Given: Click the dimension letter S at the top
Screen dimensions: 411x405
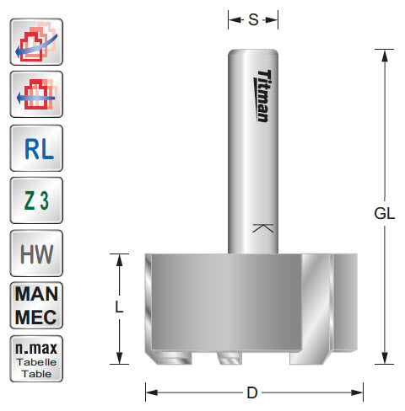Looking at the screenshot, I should (x=252, y=19).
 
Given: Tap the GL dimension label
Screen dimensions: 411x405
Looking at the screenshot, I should (x=384, y=213).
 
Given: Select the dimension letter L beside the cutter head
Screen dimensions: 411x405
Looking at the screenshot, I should (x=119, y=308).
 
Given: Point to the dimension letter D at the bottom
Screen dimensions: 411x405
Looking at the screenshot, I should (x=253, y=392).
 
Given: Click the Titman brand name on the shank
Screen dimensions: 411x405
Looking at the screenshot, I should (x=262, y=95).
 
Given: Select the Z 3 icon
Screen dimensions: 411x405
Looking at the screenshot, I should (x=35, y=200).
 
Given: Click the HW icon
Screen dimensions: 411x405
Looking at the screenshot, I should (x=35, y=253).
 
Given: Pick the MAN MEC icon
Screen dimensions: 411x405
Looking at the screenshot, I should (x=35, y=306).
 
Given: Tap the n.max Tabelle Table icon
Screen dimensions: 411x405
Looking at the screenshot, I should (x=35, y=357).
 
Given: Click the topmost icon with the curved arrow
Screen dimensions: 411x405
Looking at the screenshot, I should (x=35, y=43).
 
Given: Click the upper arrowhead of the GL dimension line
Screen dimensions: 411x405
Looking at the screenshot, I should (x=385, y=52).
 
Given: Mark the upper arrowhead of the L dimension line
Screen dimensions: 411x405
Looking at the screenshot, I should (x=120, y=258).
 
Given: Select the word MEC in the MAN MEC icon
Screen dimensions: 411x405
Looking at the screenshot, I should (x=35, y=317).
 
